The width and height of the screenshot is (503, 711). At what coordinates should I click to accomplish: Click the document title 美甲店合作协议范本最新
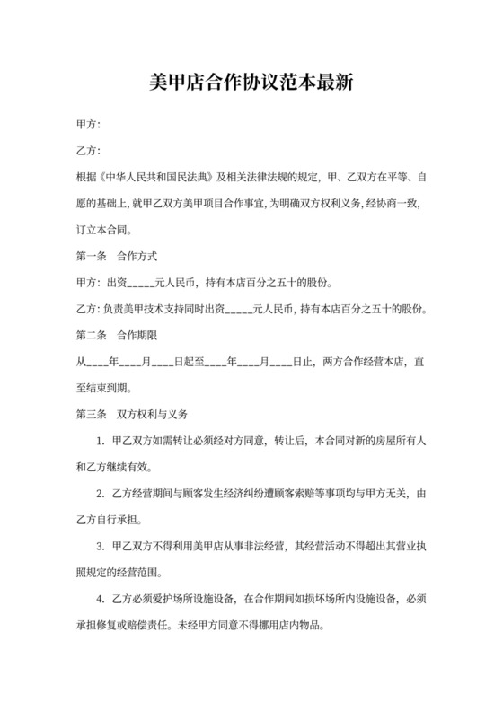[251, 83]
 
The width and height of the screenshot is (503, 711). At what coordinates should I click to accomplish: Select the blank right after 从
[96, 362]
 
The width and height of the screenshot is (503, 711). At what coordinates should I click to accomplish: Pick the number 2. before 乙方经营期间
[101, 493]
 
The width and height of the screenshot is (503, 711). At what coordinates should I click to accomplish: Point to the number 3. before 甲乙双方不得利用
[101, 545]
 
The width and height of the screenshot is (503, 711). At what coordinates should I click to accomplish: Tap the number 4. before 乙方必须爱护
[101, 598]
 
